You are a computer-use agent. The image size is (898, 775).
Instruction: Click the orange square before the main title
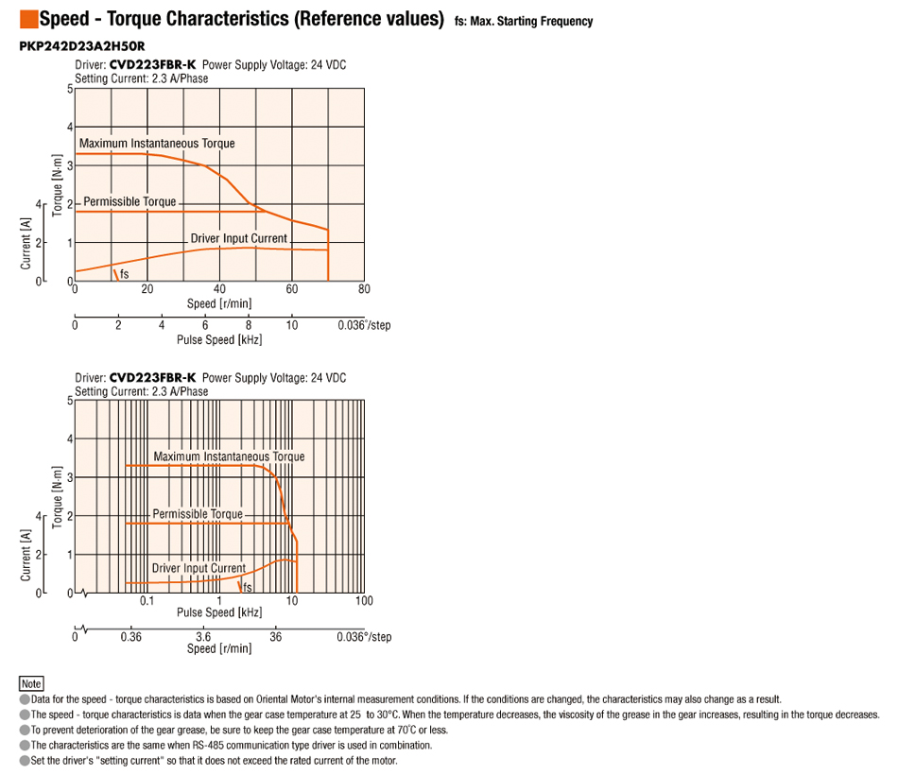click(27, 18)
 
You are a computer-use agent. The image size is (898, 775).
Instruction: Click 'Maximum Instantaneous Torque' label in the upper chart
click(157, 144)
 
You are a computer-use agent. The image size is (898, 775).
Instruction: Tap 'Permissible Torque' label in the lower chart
click(198, 514)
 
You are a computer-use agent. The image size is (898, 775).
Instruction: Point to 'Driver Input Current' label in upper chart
click(238, 238)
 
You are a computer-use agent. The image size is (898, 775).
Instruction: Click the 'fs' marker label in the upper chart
click(124, 274)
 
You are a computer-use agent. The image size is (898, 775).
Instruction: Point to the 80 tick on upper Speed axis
click(364, 289)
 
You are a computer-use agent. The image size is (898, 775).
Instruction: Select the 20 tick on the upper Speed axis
click(147, 289)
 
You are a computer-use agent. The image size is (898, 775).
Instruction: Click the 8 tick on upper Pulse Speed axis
click(249, 326)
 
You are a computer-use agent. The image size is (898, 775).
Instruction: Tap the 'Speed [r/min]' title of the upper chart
click(219, 303)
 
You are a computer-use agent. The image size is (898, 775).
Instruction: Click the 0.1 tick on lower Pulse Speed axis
click(147, 601)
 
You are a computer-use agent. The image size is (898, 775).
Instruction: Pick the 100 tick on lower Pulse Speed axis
click(364, 601)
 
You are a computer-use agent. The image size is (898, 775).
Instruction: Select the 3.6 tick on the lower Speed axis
click(203, 637)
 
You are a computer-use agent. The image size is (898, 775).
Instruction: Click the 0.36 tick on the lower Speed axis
click(131, 637)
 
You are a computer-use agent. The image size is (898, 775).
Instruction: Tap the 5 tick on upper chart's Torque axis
click(69, 90)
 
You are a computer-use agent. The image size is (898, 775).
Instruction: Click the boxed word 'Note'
click(31, 683)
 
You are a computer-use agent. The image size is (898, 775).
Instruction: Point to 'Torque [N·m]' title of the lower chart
click(58, 497)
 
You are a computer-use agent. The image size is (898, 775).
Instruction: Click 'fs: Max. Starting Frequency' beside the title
click(524, 21)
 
